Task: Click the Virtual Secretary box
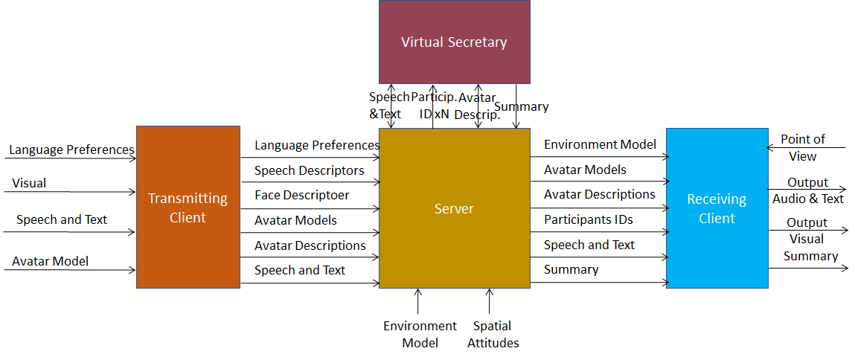click(454, 42)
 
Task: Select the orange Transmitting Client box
click(188, 207)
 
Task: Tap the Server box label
click(454, 209)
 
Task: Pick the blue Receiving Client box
click(717, 208)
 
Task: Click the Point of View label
click(803, 147)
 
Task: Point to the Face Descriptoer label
click(301, 195)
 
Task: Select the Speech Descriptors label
click(309, 170)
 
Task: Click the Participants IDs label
click(588, 219)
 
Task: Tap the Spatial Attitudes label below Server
click(493, 334)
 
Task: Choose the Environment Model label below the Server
click(420, 334)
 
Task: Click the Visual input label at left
click(29, 183)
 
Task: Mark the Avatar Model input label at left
click(50, 261)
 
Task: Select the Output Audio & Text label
click(807, 190)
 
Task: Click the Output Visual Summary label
click(810, 240)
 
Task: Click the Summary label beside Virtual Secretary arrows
click(522, 106)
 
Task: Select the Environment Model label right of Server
click(600, 144)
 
